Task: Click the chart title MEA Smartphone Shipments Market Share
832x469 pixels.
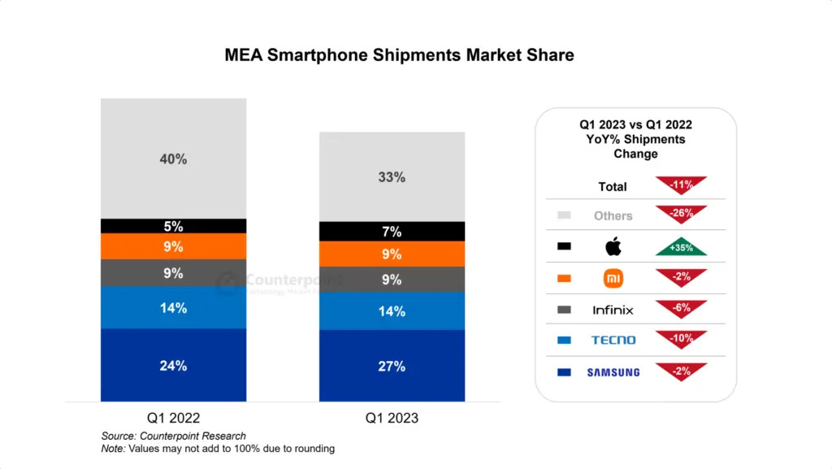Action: click(399, 55)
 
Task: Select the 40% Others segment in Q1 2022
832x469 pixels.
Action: click(173, 159)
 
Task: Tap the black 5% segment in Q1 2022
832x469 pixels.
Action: click(173, 226)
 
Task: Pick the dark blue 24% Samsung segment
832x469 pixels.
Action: click(173, 365)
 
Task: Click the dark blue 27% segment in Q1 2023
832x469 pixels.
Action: click(392, 366)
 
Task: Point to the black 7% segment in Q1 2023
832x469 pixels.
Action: click(392, 232)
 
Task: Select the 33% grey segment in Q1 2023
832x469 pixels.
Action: click(392, 176)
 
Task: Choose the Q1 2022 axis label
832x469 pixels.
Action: click(173, 418)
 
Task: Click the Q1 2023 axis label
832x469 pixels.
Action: click(392, 418)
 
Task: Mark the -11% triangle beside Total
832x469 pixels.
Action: click(681, 185)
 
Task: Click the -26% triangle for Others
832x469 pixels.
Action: click(681, 215)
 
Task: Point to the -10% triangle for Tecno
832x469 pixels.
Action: click(681, 339)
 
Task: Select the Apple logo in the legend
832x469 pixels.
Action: click(613, 246)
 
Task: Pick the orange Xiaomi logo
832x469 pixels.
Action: click(613, 278)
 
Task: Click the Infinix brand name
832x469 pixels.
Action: click(613, 310)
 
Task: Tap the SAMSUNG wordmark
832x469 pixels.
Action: click(613, 372)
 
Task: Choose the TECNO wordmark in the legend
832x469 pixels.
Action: click(613, 341)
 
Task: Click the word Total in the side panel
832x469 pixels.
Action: click(613, 187)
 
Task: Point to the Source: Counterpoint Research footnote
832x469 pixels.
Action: click(173, 436)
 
